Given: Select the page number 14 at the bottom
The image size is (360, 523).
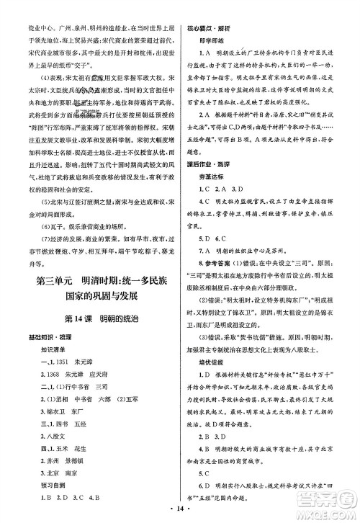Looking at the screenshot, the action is (x=179, y=514).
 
